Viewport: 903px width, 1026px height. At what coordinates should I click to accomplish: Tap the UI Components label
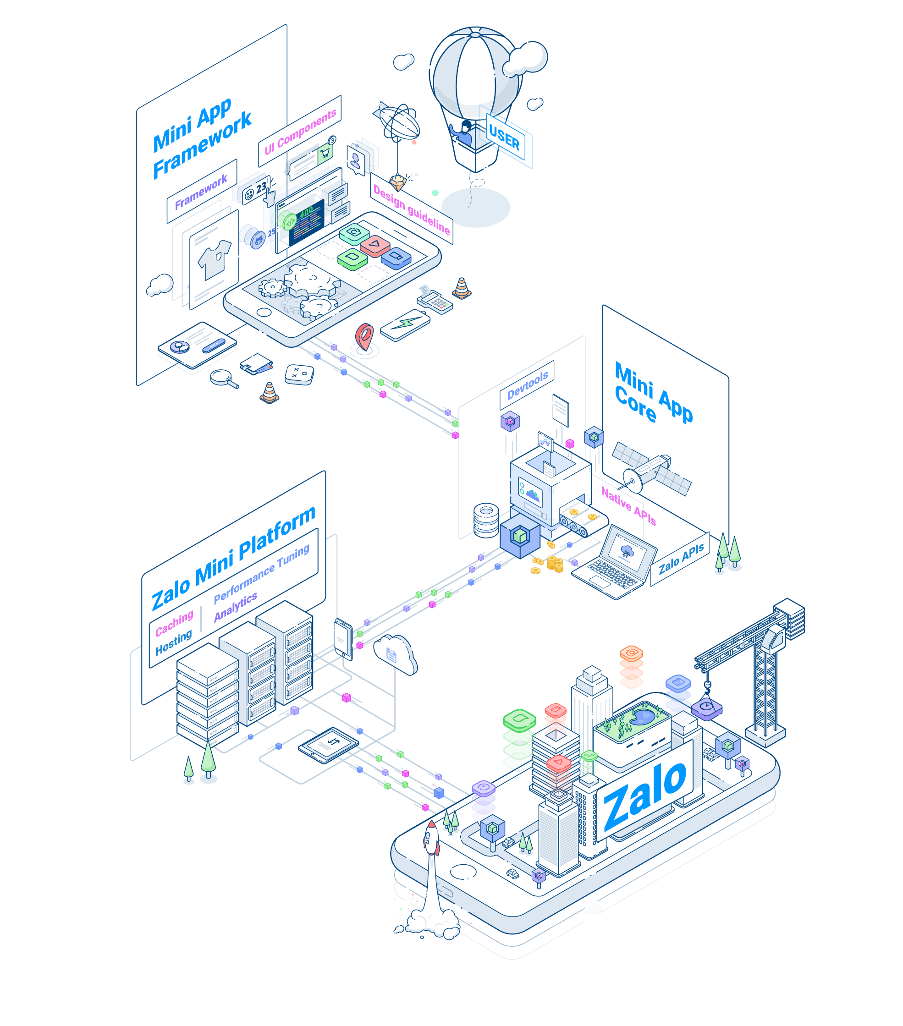300,132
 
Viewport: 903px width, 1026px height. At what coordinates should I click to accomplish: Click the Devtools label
527,385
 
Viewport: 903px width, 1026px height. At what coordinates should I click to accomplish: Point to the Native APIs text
628,505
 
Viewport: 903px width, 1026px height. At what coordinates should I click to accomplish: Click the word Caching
174,623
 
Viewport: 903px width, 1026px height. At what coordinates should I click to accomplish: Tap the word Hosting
173,642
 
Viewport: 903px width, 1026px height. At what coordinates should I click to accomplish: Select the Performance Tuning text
261,573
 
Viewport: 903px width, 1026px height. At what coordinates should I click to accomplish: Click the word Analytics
235,606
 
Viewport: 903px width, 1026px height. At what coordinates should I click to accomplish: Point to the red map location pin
364,337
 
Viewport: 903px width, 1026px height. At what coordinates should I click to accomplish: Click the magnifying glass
223,378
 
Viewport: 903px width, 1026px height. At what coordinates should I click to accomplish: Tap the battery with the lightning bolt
405,325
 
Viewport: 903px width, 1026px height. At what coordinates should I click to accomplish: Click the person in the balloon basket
464,133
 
